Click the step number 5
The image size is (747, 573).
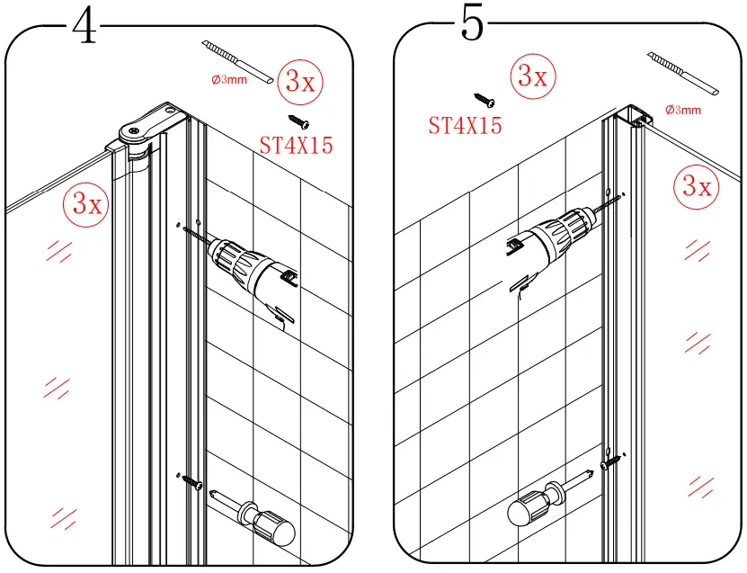[473, 24]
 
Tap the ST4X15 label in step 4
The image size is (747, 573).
[296, 145]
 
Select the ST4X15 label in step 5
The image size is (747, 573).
[465, 125]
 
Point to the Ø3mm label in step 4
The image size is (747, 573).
[228, 79]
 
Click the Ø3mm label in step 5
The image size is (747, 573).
[683, 110]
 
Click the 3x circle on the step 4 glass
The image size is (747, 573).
[85, 203]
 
